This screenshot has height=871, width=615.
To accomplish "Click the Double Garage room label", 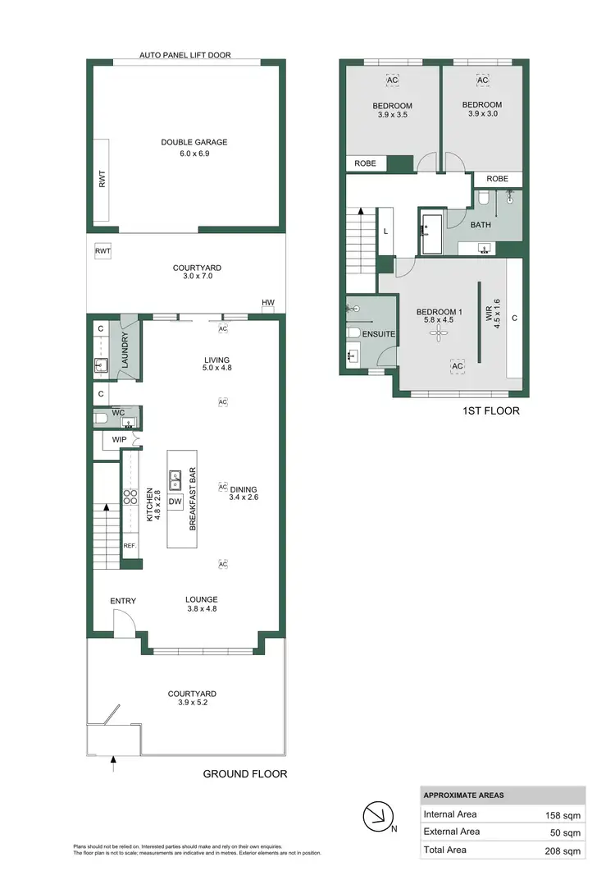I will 194,142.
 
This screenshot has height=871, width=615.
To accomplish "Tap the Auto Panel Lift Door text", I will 184,55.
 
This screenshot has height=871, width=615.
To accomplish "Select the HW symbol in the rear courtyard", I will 267,304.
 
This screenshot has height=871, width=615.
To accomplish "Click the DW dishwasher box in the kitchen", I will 175,502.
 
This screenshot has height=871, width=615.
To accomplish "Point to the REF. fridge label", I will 129,546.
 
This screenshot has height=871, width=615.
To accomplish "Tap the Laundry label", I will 127,348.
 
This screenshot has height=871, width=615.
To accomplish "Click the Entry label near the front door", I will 123,602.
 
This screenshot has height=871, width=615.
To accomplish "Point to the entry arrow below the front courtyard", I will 113,767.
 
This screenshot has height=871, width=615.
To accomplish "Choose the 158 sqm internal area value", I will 563,815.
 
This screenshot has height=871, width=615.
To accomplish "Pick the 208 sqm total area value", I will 563,850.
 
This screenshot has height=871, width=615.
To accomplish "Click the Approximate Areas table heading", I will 463,795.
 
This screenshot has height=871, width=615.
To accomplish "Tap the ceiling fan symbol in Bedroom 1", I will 440,331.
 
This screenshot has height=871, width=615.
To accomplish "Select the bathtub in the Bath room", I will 431,232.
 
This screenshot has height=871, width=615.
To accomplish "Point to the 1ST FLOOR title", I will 490,410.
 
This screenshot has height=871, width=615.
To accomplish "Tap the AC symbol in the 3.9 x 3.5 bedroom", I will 392,80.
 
